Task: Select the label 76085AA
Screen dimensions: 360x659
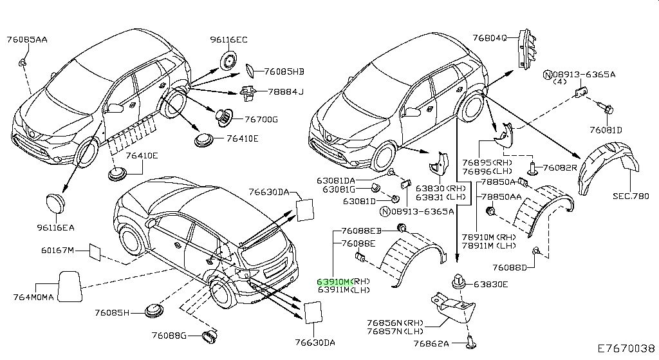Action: [x=27, y=39]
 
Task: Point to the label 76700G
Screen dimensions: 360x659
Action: [x=261, y=119]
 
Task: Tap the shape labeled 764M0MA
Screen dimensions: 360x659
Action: [x=68, y=285]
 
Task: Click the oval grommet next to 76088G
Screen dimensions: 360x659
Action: [x=210, y=336]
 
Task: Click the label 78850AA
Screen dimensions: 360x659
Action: [x=503, y=196]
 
